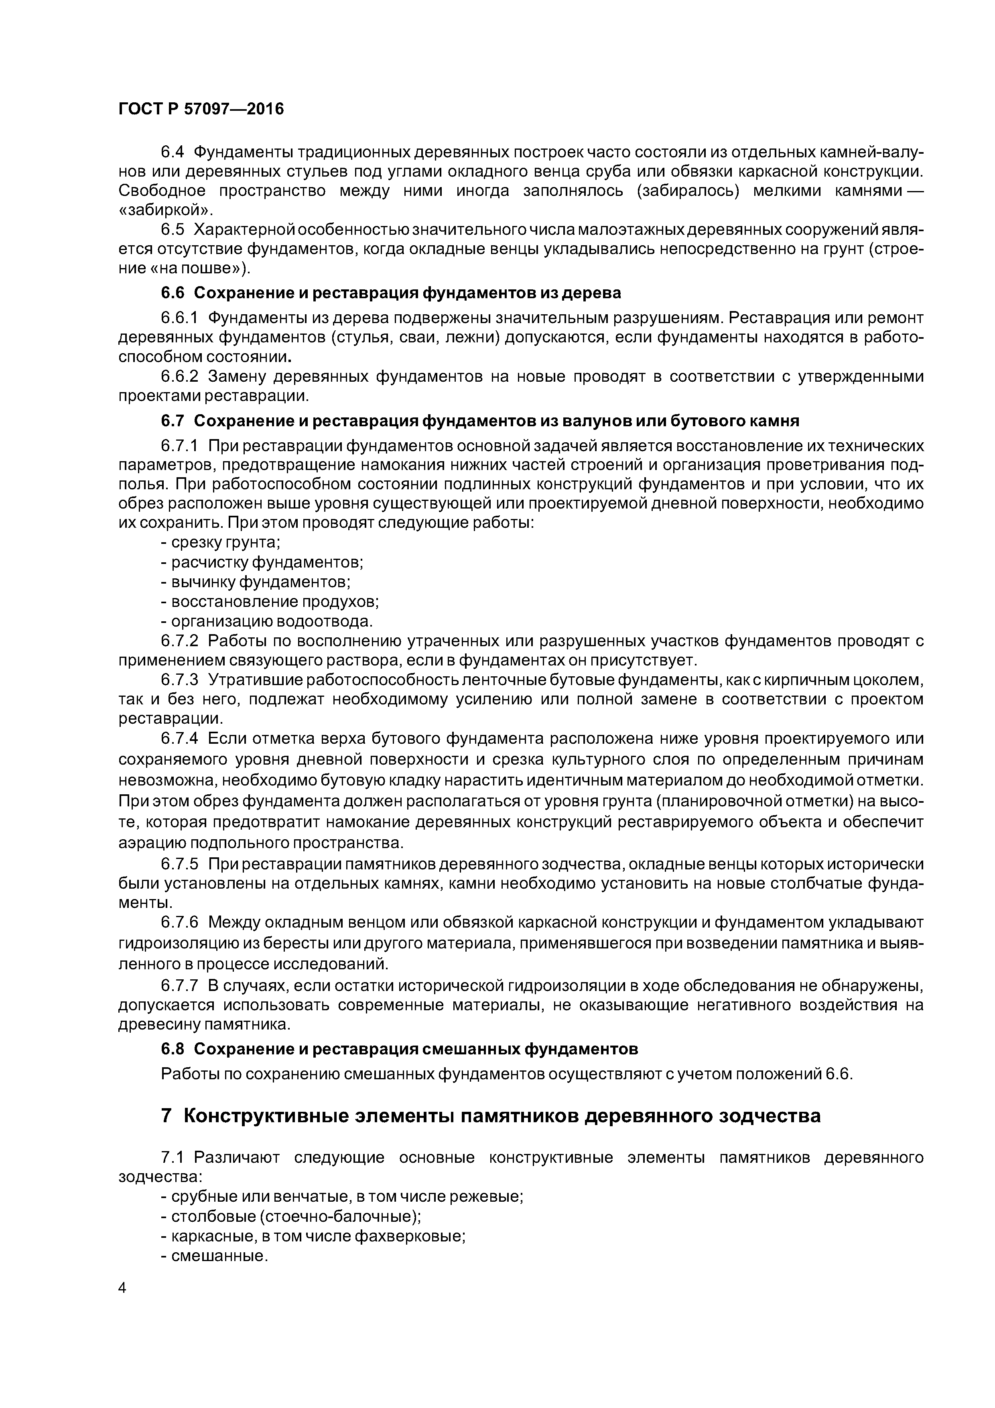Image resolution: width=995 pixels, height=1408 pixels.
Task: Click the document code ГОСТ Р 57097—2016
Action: [x=201, y=109]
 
